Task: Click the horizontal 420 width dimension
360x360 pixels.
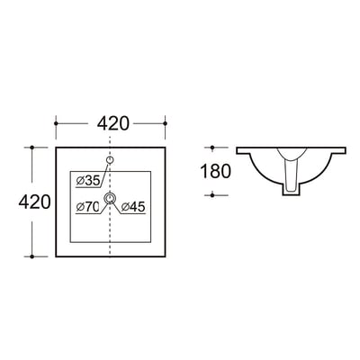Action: [x=113, y=123]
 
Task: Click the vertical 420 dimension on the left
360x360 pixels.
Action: [x=34, y=202]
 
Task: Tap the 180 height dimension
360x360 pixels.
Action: [x=215, y=171]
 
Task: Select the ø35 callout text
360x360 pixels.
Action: [x=88, y=181]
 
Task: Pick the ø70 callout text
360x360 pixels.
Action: [x=87, y=207]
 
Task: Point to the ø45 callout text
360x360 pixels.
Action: [x=133, y=207]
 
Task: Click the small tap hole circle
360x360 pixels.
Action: [x=111, y=160]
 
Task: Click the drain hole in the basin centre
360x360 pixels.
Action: [x=111, y=198]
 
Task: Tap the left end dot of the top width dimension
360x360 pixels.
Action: [x=56, y=123]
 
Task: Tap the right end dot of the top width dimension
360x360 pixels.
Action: [x=165, y=123]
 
